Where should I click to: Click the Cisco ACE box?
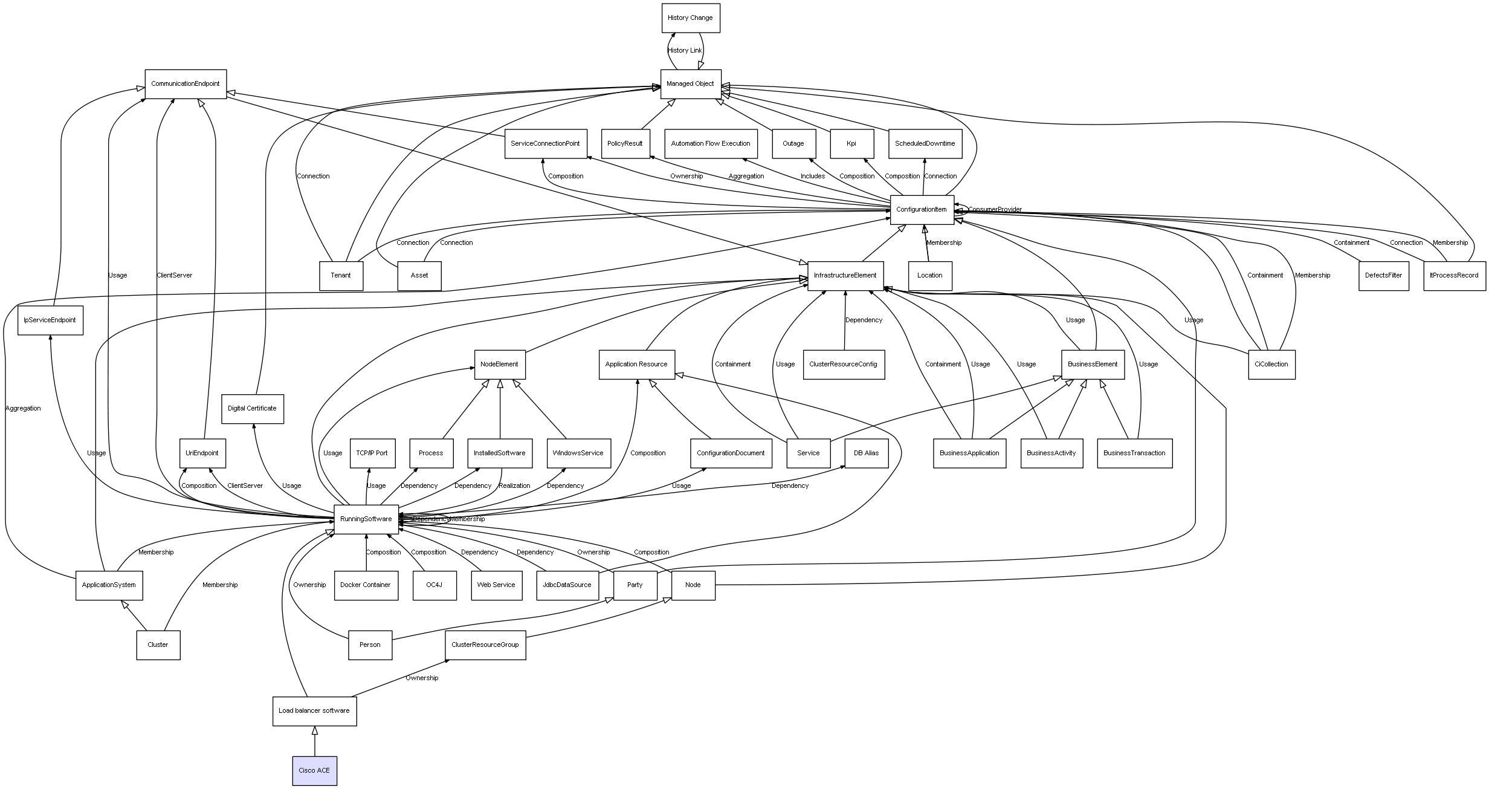pos(314,771)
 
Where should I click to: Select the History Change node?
pos(690,18)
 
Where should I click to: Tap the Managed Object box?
pos(690,84)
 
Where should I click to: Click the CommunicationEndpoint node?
pos(186,84)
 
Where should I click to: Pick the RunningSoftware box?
pos(366,519)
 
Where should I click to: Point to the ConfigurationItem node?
pos(922,210)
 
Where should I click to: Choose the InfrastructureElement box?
pos(845,276)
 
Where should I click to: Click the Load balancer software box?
pos(314,711)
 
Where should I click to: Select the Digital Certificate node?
pos(252,409)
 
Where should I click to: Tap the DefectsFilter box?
pos(1383,276)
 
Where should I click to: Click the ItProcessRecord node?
pos(1454,276)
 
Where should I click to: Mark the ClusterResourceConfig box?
pos(843,365)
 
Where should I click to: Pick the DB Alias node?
pos(866,453)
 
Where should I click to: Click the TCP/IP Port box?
pos(372,453)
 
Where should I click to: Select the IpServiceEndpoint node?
pos(50,320)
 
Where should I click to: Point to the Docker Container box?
pos(366,585)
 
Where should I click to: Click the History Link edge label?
pos(685,51)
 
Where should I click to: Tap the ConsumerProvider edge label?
pos(995,210)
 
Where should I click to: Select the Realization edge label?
pos(514,486)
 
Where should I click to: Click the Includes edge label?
pos(812,177)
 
